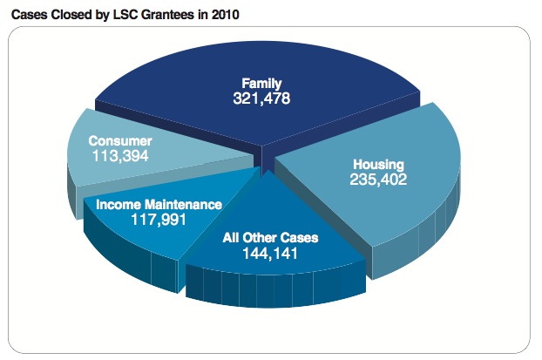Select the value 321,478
(x=261, y=98)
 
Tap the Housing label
(x=379, y=165)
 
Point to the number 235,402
(x=379, y=180)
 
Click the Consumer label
(x=120, y=140)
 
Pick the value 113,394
(x=120, y=156)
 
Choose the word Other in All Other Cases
(x=258, y=237)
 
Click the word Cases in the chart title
(x=29, y=15)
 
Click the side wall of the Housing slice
(x=410, y=244)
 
